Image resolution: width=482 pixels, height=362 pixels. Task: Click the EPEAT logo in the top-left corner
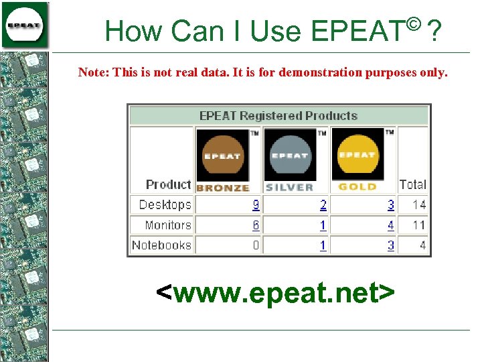pos(25,25)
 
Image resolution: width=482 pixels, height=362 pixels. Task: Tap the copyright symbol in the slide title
pos(412,25)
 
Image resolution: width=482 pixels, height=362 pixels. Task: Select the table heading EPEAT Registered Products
pos(278,116)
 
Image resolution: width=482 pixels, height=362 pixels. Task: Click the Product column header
pos(168,184)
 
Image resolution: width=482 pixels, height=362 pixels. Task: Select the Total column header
pos(412,184)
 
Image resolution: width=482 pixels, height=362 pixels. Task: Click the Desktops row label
pos(165,205)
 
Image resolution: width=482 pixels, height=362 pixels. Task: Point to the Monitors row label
pos(167,225)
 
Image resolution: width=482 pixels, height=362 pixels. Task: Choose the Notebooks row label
pos(161,245)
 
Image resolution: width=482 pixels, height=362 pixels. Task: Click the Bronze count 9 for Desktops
pos(256,205)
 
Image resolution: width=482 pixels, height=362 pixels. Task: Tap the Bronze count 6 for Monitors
pos(256,225)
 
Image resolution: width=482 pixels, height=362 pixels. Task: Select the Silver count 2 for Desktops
pos(323,205)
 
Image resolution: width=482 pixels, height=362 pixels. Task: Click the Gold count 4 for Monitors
pos(391,225)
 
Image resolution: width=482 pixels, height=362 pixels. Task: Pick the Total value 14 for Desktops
pos(419,205)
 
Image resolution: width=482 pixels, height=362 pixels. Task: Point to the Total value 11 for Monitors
pos(419,225)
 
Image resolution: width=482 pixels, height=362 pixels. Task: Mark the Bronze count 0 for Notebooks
pos(256,245)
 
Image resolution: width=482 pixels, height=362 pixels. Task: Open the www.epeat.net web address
pos(274,292)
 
